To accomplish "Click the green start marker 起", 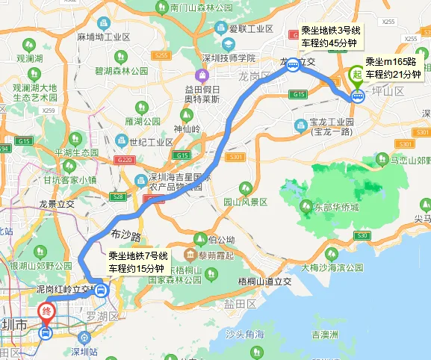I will tap(356, 75).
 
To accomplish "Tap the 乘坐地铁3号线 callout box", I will tap(330, 36).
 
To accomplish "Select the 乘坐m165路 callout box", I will tap(392, 68).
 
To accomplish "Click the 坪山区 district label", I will tap(388, 91).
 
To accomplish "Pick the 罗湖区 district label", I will tap(103, 317).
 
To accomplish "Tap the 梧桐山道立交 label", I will tap(264, 280).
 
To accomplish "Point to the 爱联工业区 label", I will tap(249, 29).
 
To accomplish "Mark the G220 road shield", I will tap(124, 160).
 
